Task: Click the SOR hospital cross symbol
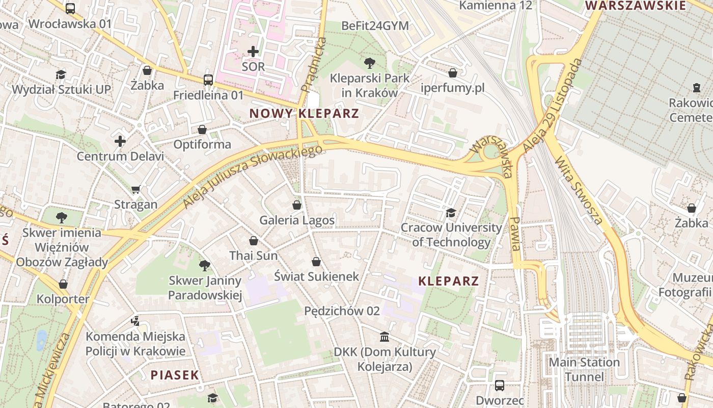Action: [x=253, y=51]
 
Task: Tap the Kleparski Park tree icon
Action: [x=370, y=63]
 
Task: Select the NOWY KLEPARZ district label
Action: [x=304, y=113]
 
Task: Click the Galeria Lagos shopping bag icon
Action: [x=297, y=205]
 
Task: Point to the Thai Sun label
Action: [x=253, y=256]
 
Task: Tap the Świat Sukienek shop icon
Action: [x=316, y=262]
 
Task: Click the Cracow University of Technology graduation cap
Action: [x=451, y=212]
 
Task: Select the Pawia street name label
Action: [x=515, y=233]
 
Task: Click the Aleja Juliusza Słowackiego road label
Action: [x=253, y=176]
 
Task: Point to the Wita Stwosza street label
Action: [x=579, y=191]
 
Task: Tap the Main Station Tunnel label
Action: [x=584, y=370]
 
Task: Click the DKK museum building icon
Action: [x=385, y=337]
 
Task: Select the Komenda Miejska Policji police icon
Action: [x=135, y=321]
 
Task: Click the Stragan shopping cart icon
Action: [x=135, y=190]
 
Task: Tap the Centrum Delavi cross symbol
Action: [x=120, y=141]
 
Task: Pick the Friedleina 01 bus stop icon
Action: [x=208, y=80]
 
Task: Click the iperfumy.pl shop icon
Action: [x=452, y=73]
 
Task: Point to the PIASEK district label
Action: [x=174, y=375]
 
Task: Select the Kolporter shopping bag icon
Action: [x=63, y=284]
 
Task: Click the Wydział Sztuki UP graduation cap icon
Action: [x=61, y=74]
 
